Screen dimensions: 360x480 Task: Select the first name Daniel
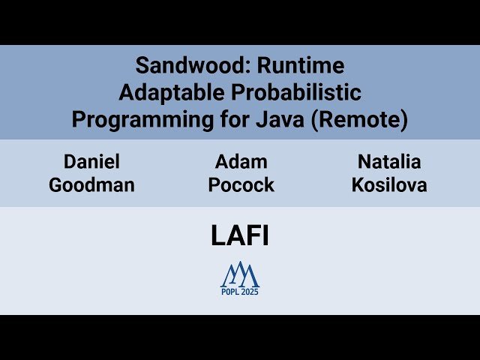click(x=91, y=161)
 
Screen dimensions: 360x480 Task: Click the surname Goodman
click(x=91, y=185)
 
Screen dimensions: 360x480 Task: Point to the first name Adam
click(x=241, y=161)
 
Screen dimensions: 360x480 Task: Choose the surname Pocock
click(x=241, y=185)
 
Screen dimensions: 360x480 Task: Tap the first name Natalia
click(x=388, y=161)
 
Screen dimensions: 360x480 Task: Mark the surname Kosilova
click(x=388, y=185)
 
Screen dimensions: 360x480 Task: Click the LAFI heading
click(x=240, y=236)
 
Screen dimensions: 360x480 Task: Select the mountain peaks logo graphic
click(x=240, y=274)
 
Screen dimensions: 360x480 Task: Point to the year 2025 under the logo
click(x=250, y=292)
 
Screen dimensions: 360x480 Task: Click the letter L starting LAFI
click(x=217, y=236)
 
